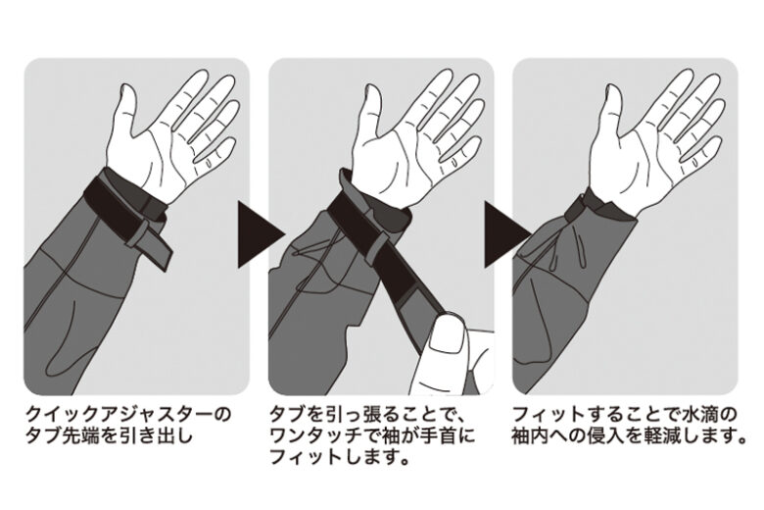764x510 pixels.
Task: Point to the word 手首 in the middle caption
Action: click(436, 435)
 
